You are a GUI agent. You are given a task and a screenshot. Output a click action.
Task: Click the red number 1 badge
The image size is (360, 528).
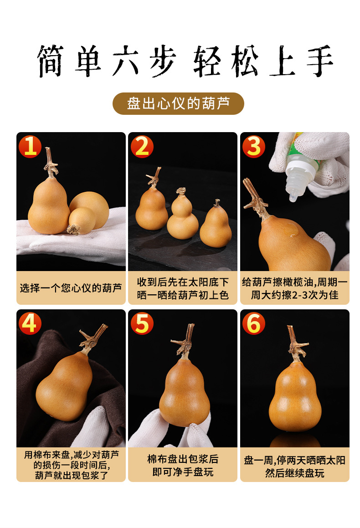30,147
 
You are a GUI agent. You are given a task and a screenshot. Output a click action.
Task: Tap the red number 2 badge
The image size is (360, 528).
142,147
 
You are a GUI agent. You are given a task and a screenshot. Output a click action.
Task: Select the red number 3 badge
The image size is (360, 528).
253,147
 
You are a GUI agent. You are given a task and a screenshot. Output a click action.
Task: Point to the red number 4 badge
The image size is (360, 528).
30,323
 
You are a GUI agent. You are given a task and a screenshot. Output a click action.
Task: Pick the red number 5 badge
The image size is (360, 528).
142,323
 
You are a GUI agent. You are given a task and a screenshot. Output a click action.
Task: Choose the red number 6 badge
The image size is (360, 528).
253,323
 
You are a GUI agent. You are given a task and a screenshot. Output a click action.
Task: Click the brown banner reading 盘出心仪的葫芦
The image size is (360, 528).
178,104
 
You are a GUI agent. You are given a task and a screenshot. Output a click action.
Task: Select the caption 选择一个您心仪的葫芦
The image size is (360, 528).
71,288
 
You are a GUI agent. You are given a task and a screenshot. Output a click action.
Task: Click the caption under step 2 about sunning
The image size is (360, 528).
183,288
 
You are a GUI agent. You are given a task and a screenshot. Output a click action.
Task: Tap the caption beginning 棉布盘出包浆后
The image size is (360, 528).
183,466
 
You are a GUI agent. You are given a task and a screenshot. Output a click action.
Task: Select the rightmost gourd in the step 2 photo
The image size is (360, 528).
216,224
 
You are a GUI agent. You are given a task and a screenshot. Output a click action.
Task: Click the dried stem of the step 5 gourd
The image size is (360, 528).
184,341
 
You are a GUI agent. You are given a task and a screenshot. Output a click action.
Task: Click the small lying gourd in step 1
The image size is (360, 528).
81,221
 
